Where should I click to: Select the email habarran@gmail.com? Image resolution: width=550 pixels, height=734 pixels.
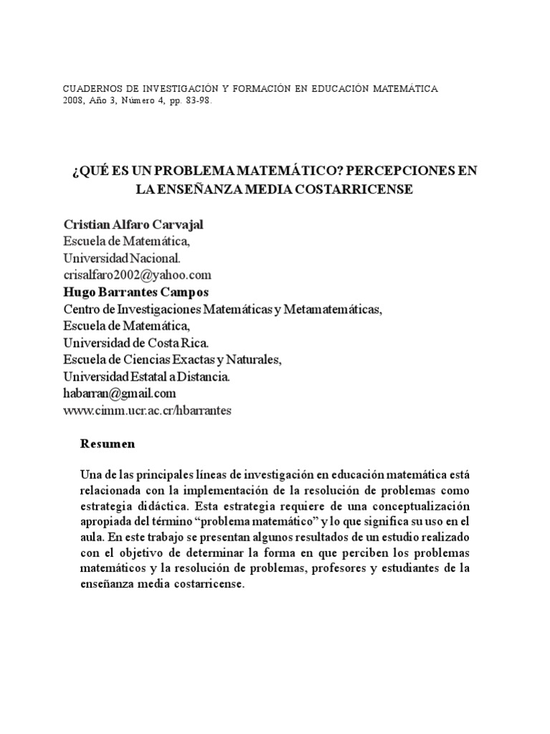pos(120,394)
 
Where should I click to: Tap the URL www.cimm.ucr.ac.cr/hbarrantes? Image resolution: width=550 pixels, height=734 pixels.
pos(148,411)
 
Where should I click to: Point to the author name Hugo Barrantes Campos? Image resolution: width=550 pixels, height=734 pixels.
pos(136,292)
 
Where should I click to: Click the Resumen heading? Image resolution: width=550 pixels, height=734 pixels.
pos(107,444)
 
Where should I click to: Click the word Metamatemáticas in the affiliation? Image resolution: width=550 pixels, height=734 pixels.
pos(333,310)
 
